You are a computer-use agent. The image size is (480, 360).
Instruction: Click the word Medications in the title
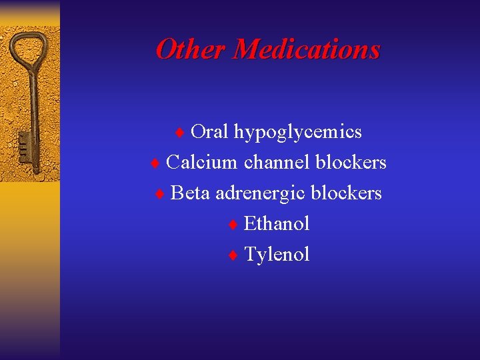coord(307,49)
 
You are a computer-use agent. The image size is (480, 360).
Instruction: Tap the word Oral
coord(209,132)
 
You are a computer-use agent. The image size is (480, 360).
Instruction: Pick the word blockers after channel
coord(351,162)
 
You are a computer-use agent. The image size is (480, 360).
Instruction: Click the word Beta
coord(190,193)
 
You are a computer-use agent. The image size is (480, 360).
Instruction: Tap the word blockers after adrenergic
coord(346,193)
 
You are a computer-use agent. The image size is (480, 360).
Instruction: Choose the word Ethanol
coord(277,223)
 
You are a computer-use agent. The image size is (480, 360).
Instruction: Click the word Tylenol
coord(277,254)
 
